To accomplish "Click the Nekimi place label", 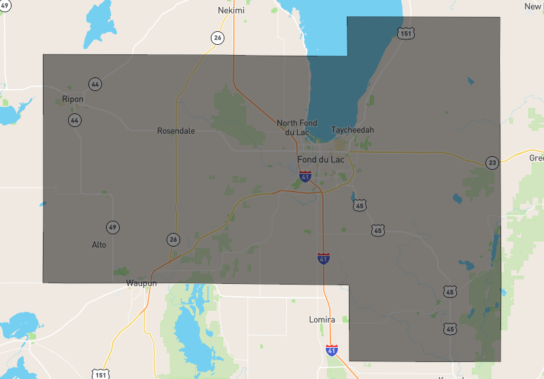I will tap(231, 11).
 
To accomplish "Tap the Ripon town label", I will tap(73, 99).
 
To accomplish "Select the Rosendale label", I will tap(175, 130).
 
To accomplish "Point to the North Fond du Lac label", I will tap(297, 127).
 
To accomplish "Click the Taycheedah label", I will tap(352, 130).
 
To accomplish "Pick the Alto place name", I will tap(99, 245).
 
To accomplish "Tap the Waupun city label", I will tap(141, 283).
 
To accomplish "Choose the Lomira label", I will tap(322, 319).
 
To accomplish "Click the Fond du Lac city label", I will tap(321, 160).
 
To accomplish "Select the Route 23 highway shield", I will tap(492, 162).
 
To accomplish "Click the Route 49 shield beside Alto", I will tap(113, 227).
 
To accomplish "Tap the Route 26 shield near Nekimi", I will tap(217, 38).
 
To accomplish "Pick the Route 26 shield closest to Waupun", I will tap(173, 239).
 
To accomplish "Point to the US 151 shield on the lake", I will tap(406, 33).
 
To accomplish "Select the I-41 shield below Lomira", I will tap(331, 351).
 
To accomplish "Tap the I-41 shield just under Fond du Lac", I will tap(305, 177).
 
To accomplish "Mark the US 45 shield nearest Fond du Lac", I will tap(360, 204).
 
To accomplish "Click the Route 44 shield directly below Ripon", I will tap(73, 120).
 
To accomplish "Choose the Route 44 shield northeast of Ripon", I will tap(95, 84).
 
